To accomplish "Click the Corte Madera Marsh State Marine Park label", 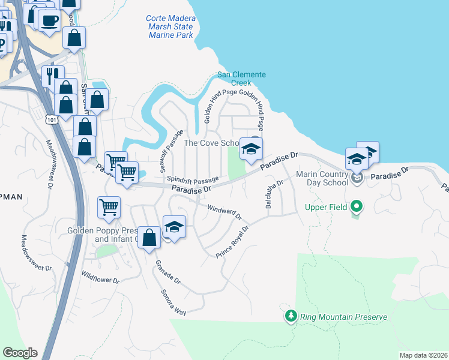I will click(169, 26).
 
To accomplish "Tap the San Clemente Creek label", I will click(241, 79).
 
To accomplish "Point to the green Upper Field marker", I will click(357, 207).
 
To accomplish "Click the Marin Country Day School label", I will click(322, 178).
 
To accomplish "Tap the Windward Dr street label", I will click(223, 212).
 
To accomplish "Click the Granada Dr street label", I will click(167, 271).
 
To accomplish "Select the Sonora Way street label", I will click(173, 302).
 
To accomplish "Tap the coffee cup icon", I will click(49, 20).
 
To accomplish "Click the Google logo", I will click(20, 353).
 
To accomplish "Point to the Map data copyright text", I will click(423, 355).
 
